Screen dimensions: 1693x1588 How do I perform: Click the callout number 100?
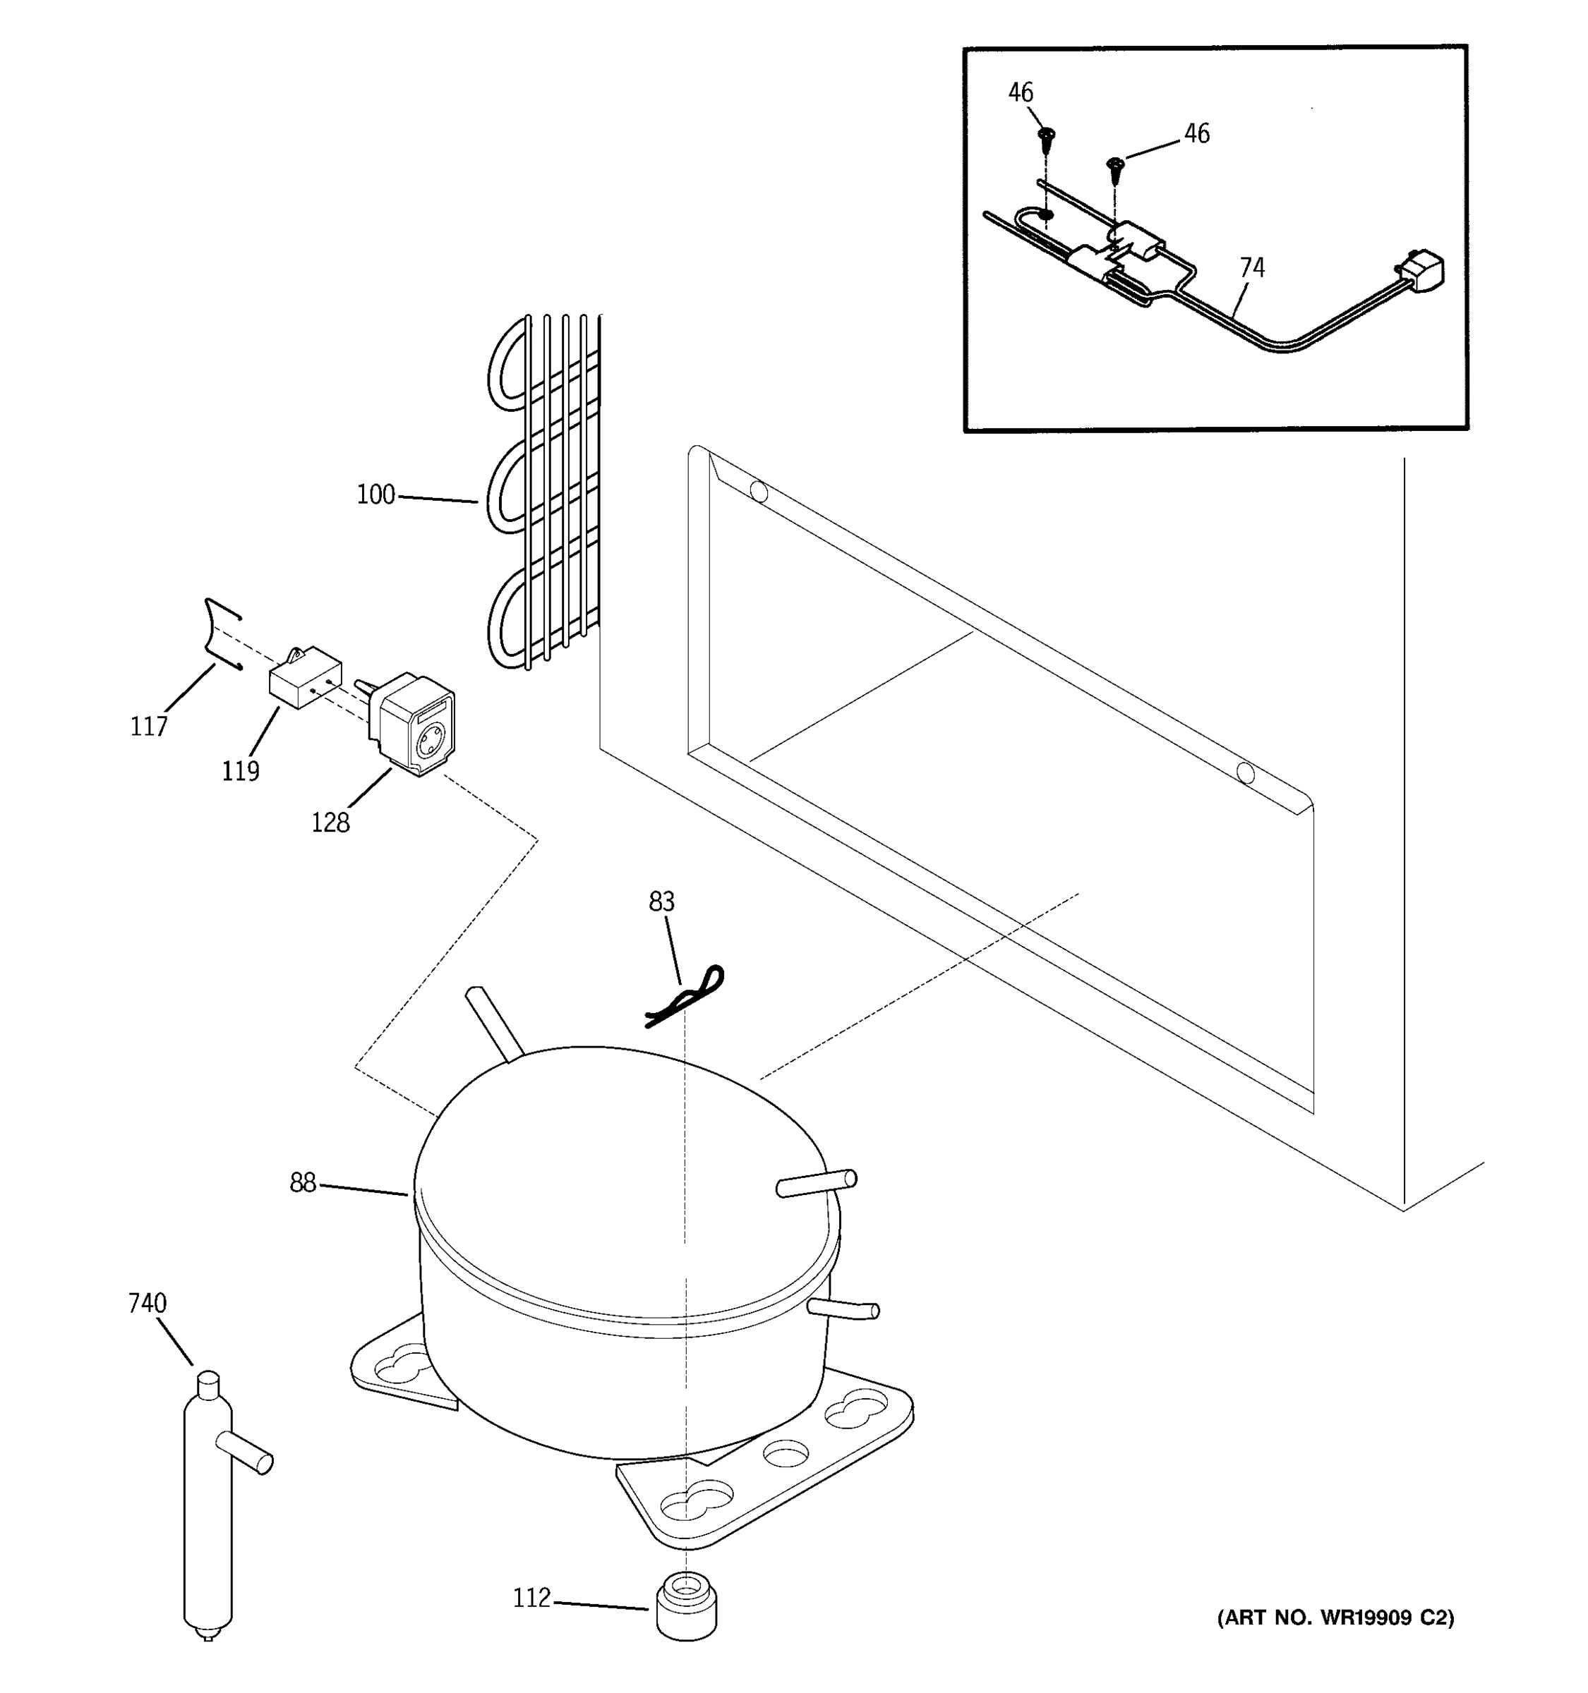pos(375,494)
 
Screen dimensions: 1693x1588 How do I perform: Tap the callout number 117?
pos(148,727)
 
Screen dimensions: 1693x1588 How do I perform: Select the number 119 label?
pos(240,771)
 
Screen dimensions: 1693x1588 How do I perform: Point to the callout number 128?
pos(330,823)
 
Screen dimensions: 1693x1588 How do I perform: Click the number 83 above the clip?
pos(661,901)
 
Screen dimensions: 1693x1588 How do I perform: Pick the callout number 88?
pos(303,1183)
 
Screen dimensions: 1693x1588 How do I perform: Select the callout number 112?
pos(531,1598)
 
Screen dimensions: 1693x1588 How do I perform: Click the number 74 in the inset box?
pos(1251,267)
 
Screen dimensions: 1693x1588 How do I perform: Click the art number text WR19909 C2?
pos(1335,1618)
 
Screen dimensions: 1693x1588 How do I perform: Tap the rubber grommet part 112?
pos(687,1606)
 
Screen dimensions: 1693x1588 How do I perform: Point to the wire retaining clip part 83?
pos(686,997)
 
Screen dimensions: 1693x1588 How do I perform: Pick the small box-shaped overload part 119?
pos(305,678)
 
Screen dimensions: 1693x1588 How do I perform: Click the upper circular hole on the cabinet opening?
pos(758,492)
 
